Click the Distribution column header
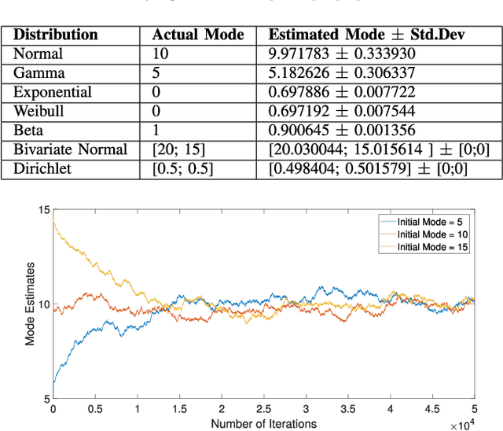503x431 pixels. [x=57, y=35]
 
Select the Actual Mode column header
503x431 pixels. [x=198, y=35]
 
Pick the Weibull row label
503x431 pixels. [x=39, y=110]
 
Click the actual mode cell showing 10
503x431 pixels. [x=160, y=53]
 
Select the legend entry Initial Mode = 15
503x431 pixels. [x=433, y=246]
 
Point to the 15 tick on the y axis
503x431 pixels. [x=43, y=209]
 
